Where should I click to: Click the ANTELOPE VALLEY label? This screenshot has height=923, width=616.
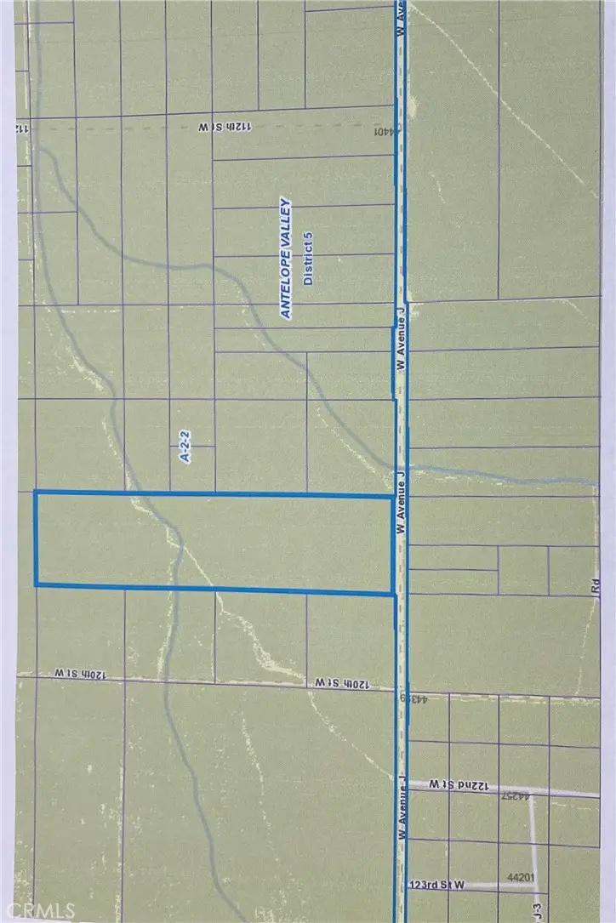[x=287, y=259]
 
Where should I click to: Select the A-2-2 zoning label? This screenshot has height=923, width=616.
[x=184, y=445]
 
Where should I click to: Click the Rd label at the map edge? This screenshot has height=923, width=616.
[x=595, y=587]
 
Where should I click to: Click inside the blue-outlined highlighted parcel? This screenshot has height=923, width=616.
[x=213, y=541]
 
